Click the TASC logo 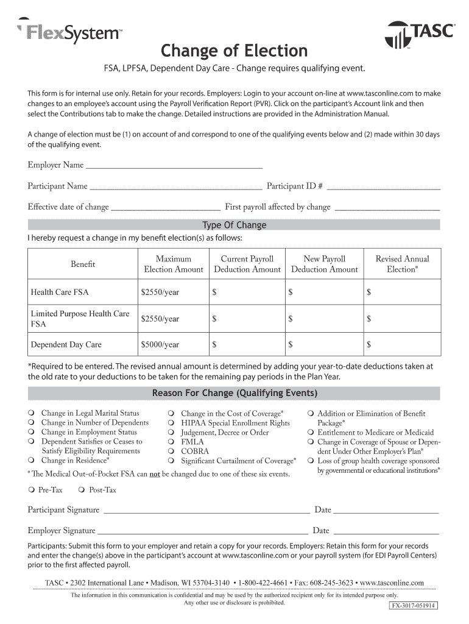(420, 34)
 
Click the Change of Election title (234, 50)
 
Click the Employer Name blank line (174, 166)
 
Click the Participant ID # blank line (384, 186)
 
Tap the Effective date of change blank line (166, 207)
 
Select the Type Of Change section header (234, 225)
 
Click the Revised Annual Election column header (401, 264)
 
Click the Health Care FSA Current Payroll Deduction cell (247, 292)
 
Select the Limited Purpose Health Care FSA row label (80, 318)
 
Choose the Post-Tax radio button (82, 490)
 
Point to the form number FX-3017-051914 (414, 606)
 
